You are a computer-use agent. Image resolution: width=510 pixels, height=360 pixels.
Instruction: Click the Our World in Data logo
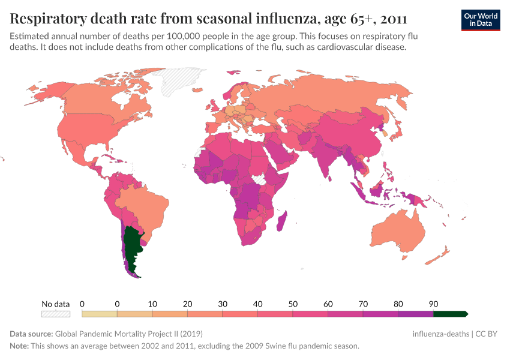(x=480, y=19)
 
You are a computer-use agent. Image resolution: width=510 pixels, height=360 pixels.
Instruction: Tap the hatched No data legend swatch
(x=55, y=314)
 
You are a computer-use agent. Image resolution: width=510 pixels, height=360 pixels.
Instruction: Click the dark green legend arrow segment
(x=450, y=314)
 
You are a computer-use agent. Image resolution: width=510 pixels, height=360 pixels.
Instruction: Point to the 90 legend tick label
(x=433, y=304)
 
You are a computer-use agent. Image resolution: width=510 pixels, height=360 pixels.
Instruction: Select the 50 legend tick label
(x=292, y=304)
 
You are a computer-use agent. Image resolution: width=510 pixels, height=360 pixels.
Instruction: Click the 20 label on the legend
(x=187, y=304)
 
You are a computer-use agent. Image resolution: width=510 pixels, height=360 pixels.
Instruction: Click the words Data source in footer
(x=31, y=334)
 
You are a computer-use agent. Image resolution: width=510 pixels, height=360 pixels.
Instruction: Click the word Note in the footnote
(x=20, y=346)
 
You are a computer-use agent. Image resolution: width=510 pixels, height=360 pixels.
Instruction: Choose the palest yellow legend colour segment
(x=99, y=314)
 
